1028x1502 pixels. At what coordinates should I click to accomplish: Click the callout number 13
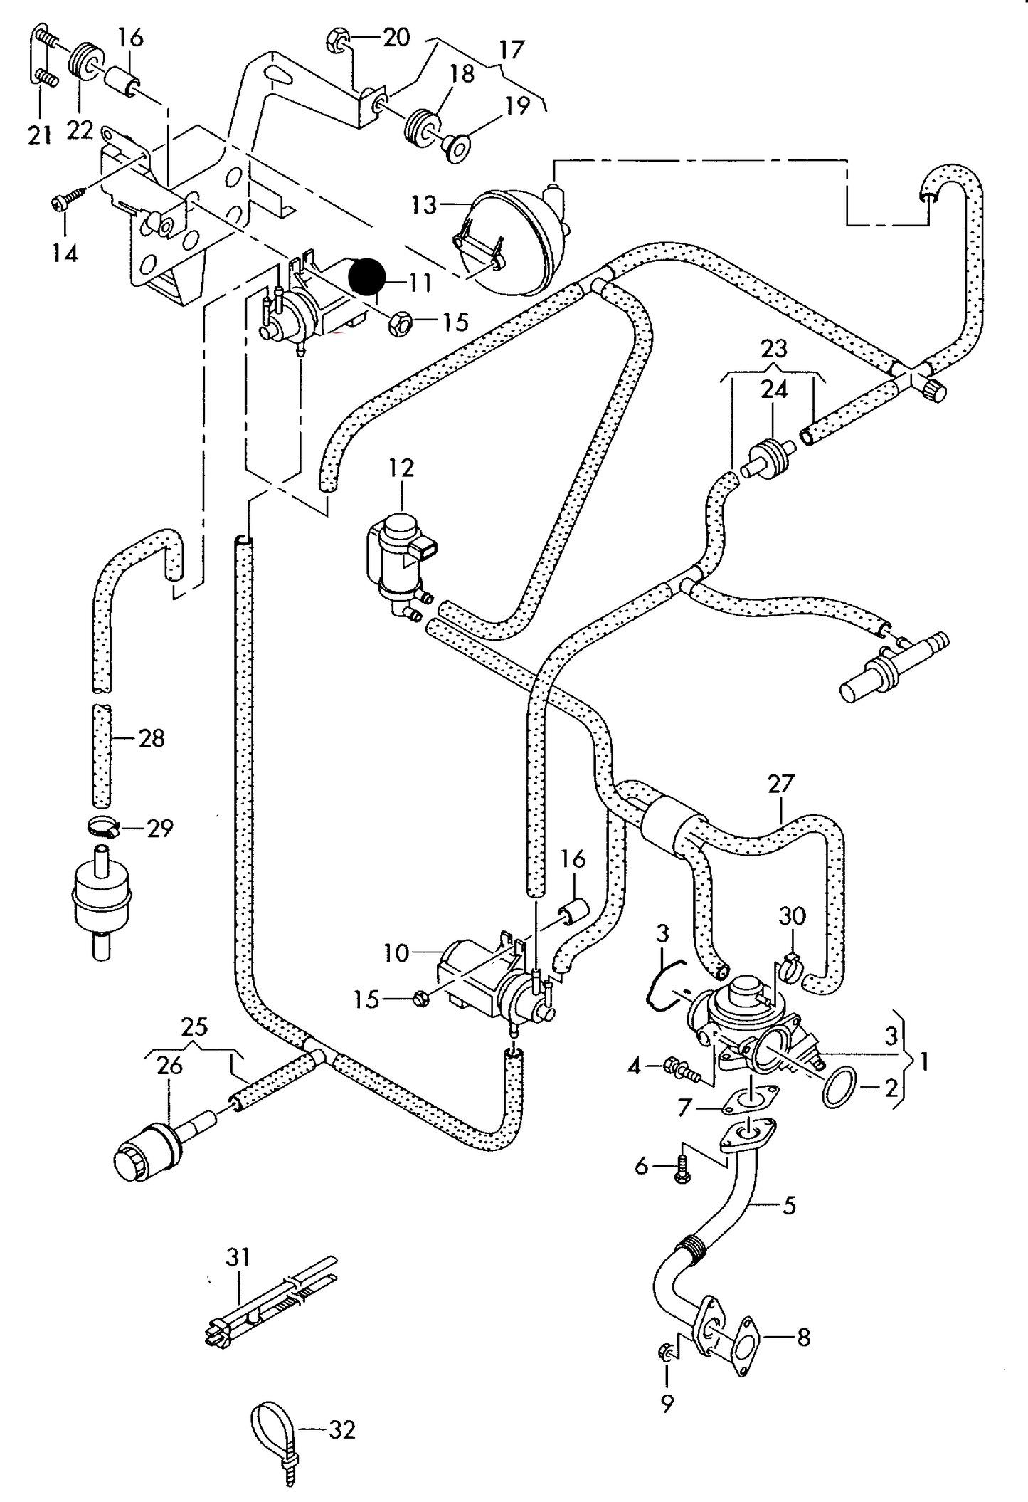pos(423,206)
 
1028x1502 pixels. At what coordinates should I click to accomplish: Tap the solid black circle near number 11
pos(368,277)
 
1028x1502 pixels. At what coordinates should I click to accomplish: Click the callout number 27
pos(780,784)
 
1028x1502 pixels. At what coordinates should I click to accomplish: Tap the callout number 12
pos(401,468)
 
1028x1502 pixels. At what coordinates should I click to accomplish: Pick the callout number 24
pos(774,389)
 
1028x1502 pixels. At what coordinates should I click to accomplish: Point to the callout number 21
pos(40,134)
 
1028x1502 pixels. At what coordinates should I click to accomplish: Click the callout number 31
pos(238,1256)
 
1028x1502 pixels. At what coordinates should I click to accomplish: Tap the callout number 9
pos(667,1404)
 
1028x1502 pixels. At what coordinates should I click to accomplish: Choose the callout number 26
pos(170,1066)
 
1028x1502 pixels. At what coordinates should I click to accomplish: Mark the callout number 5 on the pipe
pos(788,1206)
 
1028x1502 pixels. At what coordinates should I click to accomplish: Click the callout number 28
pos(152,738)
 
